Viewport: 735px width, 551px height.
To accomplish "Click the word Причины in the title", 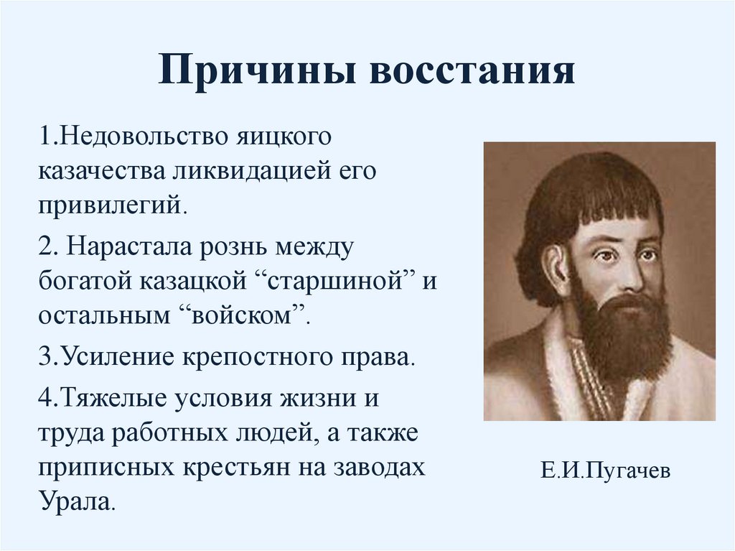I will (x=258, y=73).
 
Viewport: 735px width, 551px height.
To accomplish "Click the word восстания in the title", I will (x=472, y=73).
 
